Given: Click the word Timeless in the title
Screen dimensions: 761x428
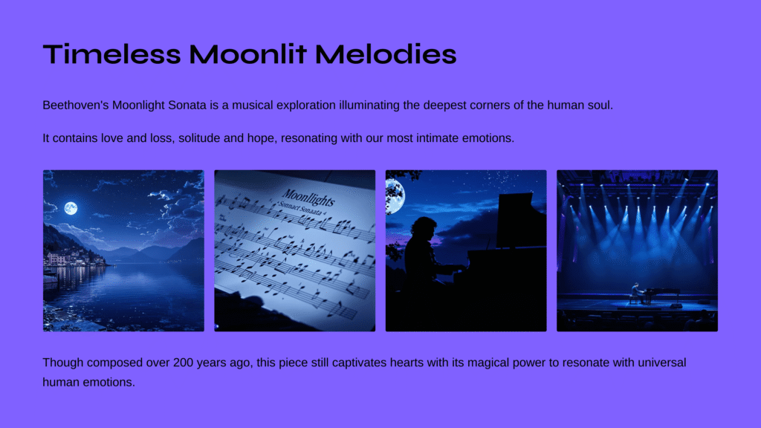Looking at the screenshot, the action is pyautogui.click(x=111, y=53).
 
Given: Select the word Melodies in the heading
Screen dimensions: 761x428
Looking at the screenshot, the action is pyautogui.click(x=386, y=53).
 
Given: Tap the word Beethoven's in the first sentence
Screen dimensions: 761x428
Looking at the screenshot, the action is pyautogui.click(x=76, y=106).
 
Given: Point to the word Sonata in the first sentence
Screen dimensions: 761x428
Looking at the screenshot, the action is pyautogui.click(x=187, y=106).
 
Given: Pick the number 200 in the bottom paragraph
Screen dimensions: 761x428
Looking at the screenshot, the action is pyautogui.click(x=184, y=363).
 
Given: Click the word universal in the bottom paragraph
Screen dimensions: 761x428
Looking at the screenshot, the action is pyautogui.click(x=662, y=363).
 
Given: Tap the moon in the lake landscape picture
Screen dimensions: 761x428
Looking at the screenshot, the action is pyautogui.click(x=71, y=208).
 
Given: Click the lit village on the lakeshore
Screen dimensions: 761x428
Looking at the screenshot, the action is pyautogui.click(x=74, y=259).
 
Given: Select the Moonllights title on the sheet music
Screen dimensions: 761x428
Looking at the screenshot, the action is pyautogui.click(x=308, y=198).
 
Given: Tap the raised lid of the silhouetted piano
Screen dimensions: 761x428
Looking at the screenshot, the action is pyautogui.click(x=516, y=219).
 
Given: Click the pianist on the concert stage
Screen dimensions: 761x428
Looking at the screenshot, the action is pyautogui.click(x=636, y=293).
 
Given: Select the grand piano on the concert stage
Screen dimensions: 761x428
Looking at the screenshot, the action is pyautogui.click(x=661, y=294).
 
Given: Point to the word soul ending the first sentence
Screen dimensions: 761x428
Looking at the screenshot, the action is pyautogui.click(x=600, y=106).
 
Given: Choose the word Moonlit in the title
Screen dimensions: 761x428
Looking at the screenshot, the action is pyautogui.click(x=248, y=53).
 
